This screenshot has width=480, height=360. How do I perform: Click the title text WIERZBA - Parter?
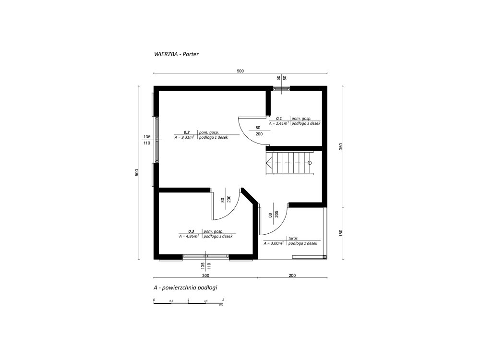click(176, 55)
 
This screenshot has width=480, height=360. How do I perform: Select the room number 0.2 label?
click(187, 132)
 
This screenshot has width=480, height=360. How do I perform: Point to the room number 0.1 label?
click(279, 118)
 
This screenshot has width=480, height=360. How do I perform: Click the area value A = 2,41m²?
click(279, 123)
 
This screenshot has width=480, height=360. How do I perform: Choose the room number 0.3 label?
click(191, 231)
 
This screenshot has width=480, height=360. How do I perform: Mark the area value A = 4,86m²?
click(190, 237)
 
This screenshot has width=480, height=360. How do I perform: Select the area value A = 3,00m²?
click(274, 243)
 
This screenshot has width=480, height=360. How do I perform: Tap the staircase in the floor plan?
click(290, 164)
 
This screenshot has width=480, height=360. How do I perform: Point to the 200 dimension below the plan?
click(292, 276)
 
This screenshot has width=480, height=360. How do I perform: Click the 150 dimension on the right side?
click(341, 233)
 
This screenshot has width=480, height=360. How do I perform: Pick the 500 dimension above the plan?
click(240, 71)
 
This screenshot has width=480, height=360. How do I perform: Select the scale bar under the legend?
click(189, 303)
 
